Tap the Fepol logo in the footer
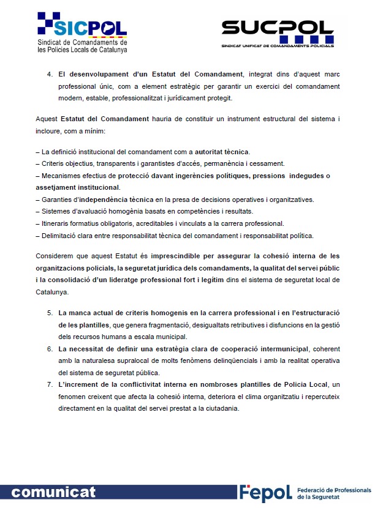pyautogui.click(x=265, y=493)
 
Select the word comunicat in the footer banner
pyautogui.click(x=53, y=492)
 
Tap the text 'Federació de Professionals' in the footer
pyautogui.click(x=333, y=490)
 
